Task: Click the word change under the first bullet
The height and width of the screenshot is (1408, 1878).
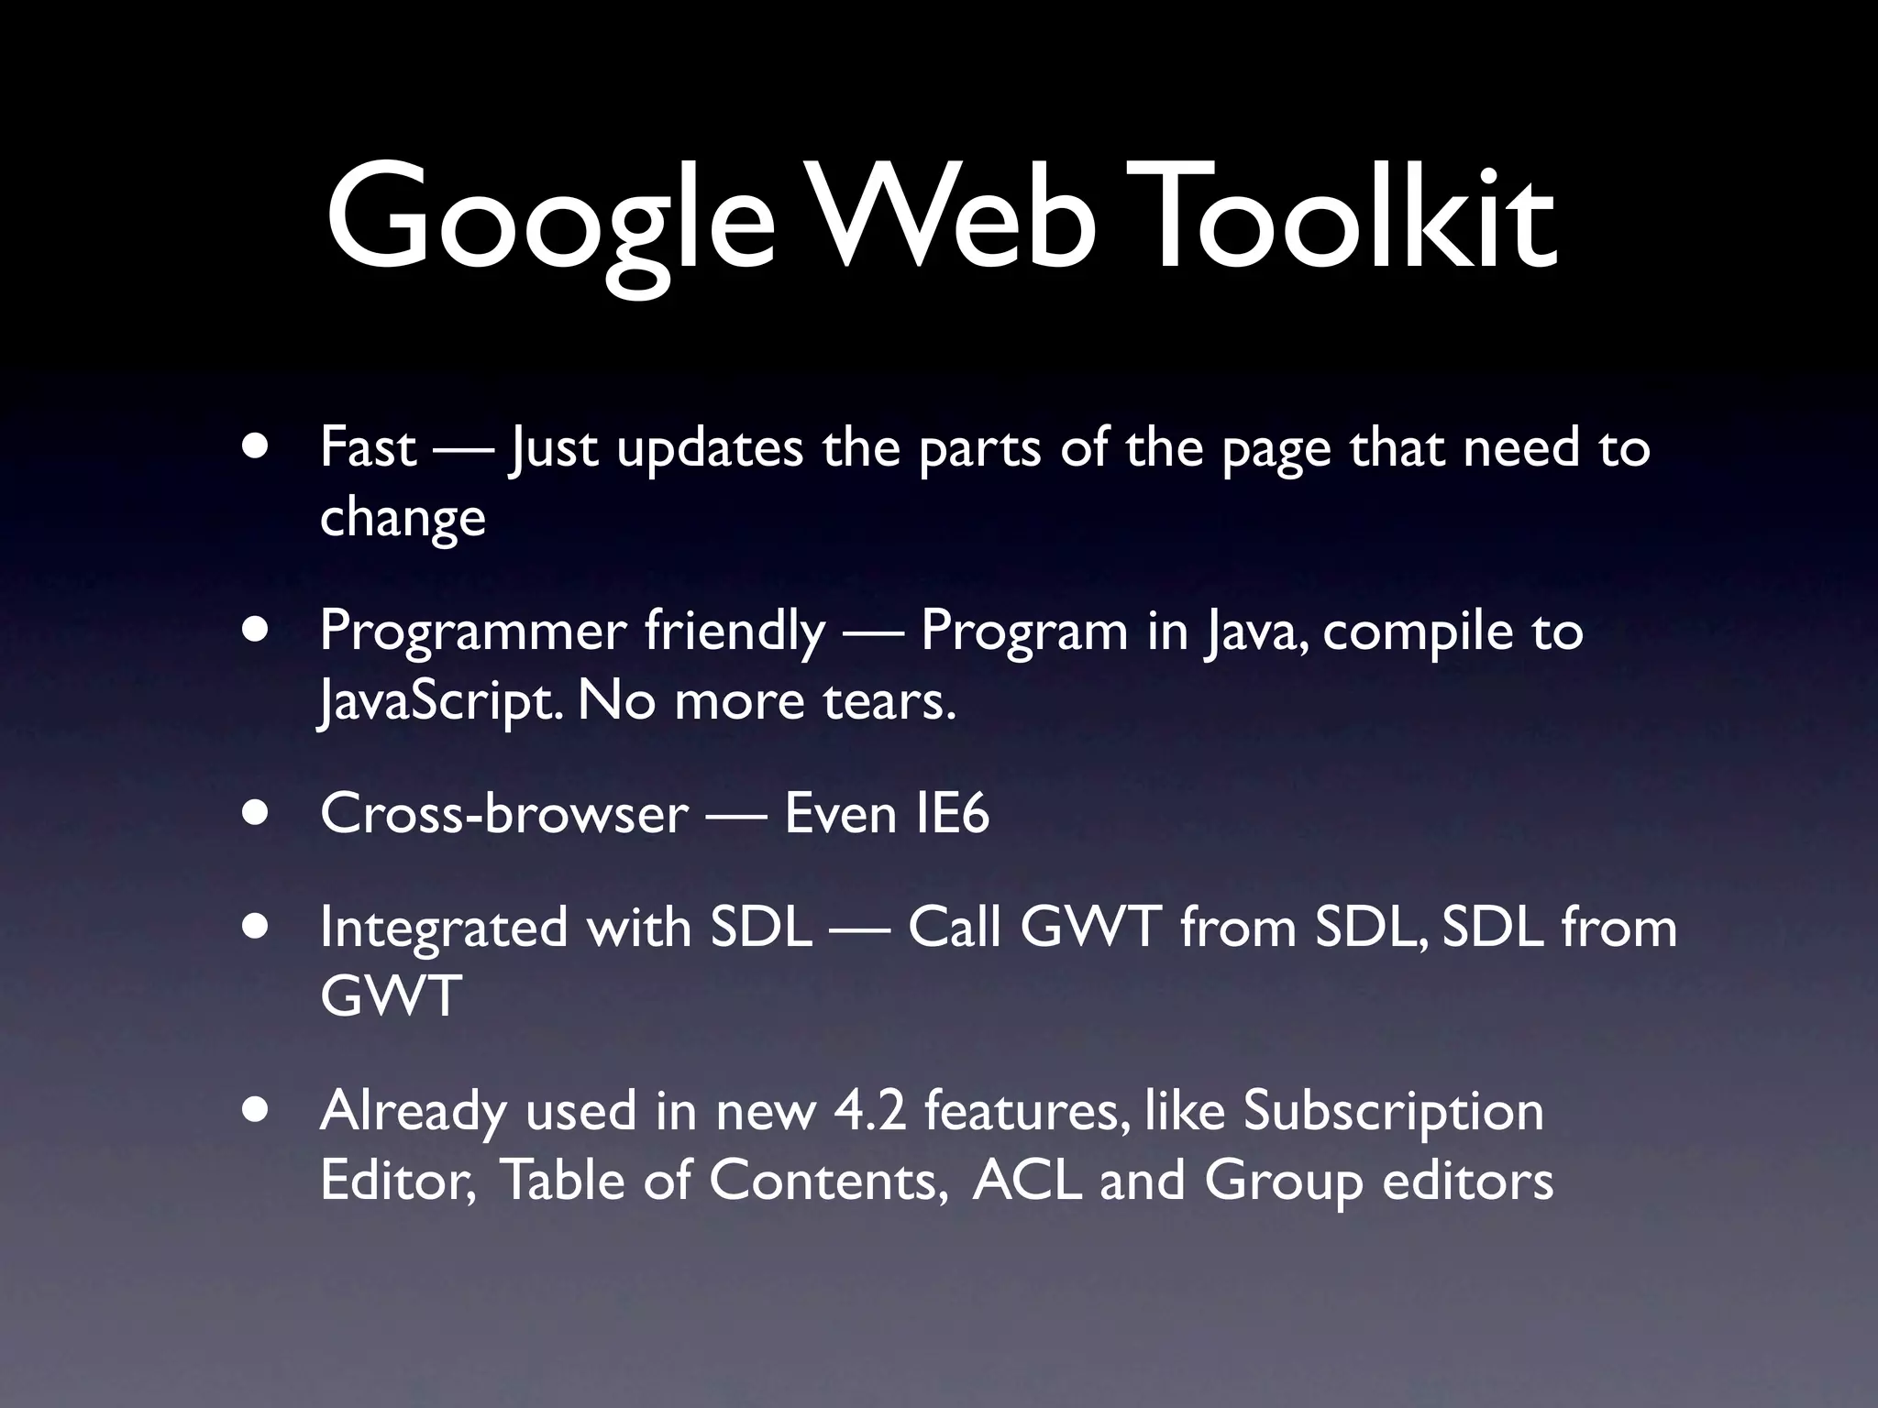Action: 403,519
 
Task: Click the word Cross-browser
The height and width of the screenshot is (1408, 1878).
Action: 504,814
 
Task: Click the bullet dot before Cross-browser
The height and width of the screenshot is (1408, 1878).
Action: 257,814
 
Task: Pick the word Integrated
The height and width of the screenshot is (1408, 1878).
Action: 445,928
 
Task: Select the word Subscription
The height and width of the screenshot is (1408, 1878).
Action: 1393,1111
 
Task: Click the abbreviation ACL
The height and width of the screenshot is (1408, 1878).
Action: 1027,1180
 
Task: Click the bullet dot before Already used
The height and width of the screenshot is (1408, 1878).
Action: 257,1111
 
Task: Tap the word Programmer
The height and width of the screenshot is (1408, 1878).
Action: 472,632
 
